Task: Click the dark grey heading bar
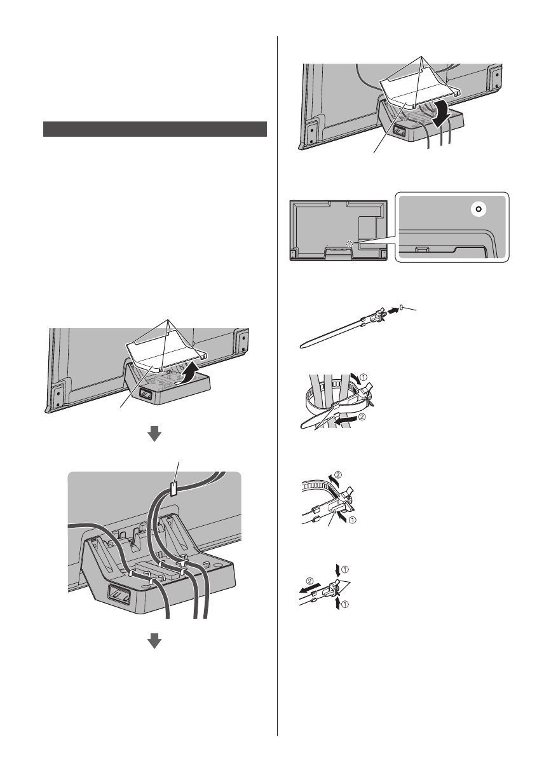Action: [154, 129]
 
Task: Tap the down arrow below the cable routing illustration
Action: [154, 642]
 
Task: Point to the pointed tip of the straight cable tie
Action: [300, 347]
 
